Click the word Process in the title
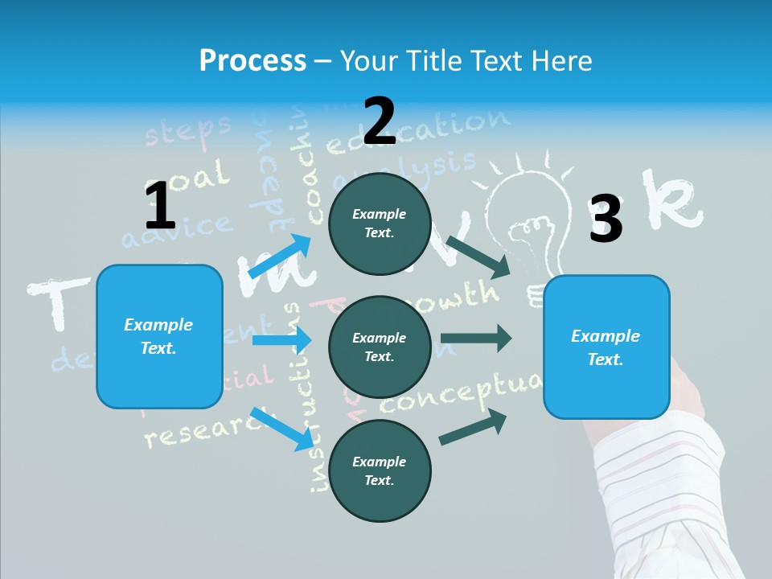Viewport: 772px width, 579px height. point(253,60)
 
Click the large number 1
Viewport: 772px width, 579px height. point(160,207)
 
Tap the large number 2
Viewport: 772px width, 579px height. point(379,121)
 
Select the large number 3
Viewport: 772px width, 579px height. point(606,219)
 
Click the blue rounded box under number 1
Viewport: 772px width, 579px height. point(159,336)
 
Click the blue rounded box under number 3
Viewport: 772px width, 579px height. point(606,347)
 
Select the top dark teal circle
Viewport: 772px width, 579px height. point(380,223)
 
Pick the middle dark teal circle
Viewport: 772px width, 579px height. point(380,347)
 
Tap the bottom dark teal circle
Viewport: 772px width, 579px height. point(380,470)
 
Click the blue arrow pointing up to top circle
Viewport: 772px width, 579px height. point(279,257)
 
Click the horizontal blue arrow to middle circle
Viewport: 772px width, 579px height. point(281,340)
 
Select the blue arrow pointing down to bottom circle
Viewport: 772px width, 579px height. point(281,429)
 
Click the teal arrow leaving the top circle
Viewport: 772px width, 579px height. point(479,257)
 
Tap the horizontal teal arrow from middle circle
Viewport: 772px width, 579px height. point(476,339)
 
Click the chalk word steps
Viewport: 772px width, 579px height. point(187,129)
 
